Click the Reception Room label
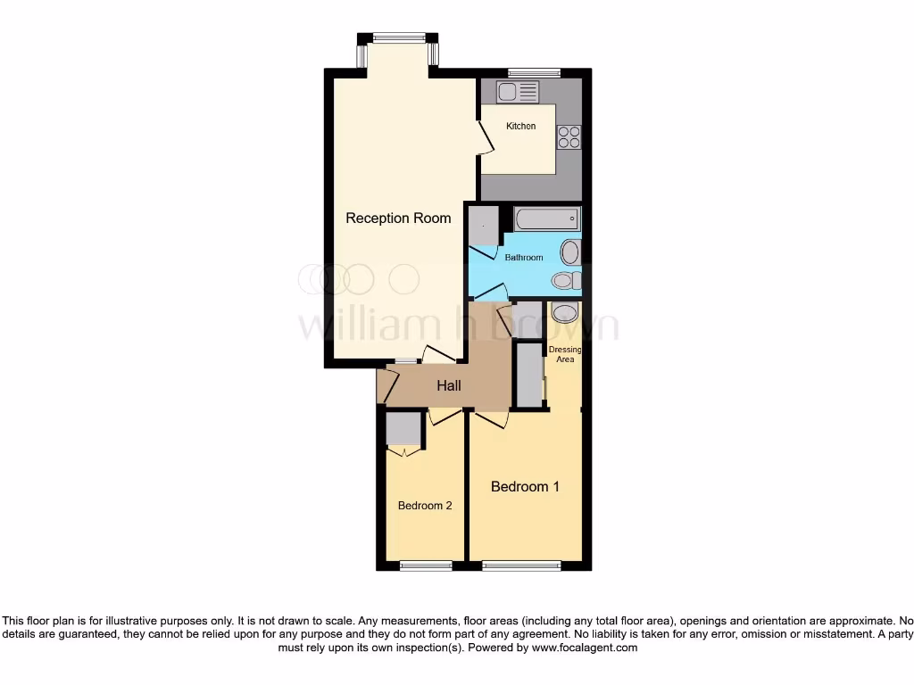398,218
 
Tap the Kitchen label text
520,126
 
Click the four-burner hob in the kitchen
569,137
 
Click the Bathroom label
523,258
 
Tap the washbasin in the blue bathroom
570,252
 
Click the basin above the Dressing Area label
565,312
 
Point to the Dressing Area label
565,354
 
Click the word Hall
449,386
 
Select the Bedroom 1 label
525,487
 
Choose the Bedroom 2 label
425,506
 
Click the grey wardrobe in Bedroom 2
403,430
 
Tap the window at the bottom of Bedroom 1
521,565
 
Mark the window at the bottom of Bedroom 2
426,565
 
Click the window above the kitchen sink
534,72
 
